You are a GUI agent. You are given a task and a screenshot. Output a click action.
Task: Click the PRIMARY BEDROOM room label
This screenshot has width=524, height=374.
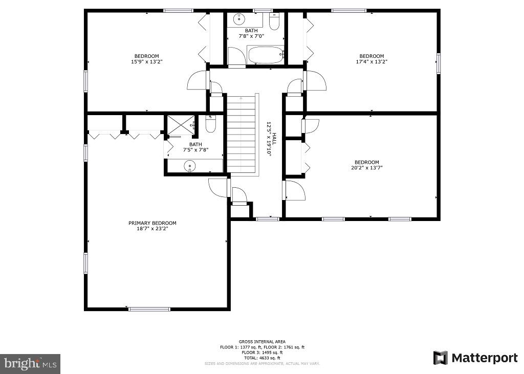tap(152, 223)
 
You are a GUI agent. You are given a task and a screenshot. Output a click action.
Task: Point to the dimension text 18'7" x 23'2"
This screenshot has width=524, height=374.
tap(152, 229)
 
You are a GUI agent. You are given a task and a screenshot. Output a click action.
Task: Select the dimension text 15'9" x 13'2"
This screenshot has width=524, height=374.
tap(146, 62)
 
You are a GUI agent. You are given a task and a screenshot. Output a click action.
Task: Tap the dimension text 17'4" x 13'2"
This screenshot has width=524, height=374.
tap(371, 62)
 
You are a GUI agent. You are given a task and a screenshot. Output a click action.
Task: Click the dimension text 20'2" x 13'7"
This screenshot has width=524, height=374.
tap(366, 168)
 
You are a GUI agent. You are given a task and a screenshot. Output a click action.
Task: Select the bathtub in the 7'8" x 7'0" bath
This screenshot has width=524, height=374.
tap(265, 55)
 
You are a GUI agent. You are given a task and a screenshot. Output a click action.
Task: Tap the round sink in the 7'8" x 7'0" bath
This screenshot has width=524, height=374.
tap(239, 19)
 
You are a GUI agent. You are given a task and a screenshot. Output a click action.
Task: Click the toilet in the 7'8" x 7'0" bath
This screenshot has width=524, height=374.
tap(274, 22)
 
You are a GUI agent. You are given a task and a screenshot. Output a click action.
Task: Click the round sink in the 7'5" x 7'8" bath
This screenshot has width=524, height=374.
tap(190, 166)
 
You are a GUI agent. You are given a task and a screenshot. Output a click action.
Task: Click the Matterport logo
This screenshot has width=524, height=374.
tap(475, 358)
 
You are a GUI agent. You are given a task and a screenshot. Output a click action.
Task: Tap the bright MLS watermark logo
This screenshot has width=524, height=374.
tap(30, 364)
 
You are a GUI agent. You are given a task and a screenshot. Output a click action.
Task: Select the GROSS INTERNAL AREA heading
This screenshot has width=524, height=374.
tap(262, 342)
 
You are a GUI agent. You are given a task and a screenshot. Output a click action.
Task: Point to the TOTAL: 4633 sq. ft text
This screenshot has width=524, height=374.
tap(262, 358)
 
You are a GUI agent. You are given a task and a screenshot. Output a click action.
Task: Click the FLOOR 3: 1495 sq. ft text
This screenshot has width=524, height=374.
tap(262, 353)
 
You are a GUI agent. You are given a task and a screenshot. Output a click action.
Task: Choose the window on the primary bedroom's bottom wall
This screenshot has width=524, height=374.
tap(149, 309)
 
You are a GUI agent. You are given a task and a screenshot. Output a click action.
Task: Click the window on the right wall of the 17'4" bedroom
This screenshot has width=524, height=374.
tap(438, 63)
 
